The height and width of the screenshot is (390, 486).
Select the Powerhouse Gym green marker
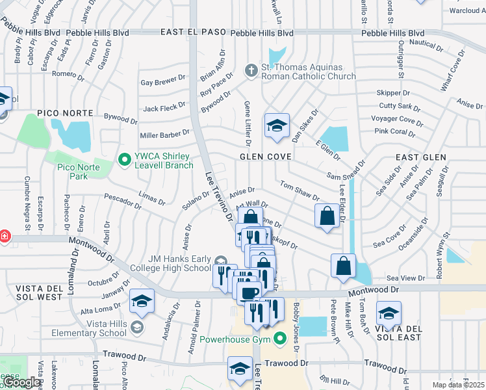click(x=280, y=339)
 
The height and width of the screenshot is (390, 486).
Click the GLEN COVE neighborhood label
click(x=266, y=157)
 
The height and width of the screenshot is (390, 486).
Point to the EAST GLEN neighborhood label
click(x=421, y=157)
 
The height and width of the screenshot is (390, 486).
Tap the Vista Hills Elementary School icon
click(x=136, y=326)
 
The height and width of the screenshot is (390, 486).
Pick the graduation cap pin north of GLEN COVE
click(x=277, y=125)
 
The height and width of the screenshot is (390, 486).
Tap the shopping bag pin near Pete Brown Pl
click(x=343, y=266)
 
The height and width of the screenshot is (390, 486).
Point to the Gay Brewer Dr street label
click(x=163, y=82)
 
